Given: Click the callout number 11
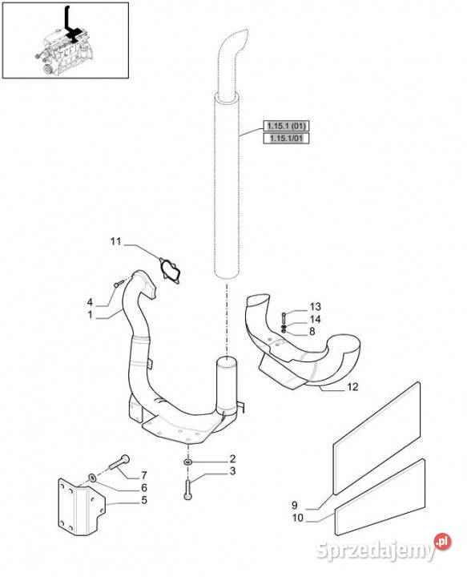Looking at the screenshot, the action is click(x=115, y=242).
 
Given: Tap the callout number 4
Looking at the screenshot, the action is click(x=90, y=302).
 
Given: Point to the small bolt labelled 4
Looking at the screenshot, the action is click(x=119, y=284).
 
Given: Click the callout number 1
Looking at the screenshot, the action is click(x=90, y=315).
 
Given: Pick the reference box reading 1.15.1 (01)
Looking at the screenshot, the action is click(x=286, y=126).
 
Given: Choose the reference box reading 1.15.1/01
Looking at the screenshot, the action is click(x=286, y=139).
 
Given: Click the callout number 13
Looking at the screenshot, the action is click(x=315, y=306).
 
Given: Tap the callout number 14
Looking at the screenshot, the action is click(x=315, y=319).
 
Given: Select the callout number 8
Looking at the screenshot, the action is click(x=312, y=332).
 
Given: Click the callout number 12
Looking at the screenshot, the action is click(x=352, y=387).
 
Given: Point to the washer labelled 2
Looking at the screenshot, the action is click(x=188, y=462).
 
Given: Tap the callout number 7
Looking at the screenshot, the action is click(x=143, y=475).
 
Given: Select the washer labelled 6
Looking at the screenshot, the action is click(x=92, y=478).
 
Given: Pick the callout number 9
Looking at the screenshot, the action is click(x=295, y=505).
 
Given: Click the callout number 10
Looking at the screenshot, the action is click(x=298, y=518).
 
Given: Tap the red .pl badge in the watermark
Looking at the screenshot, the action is click(x=442, y=542).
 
